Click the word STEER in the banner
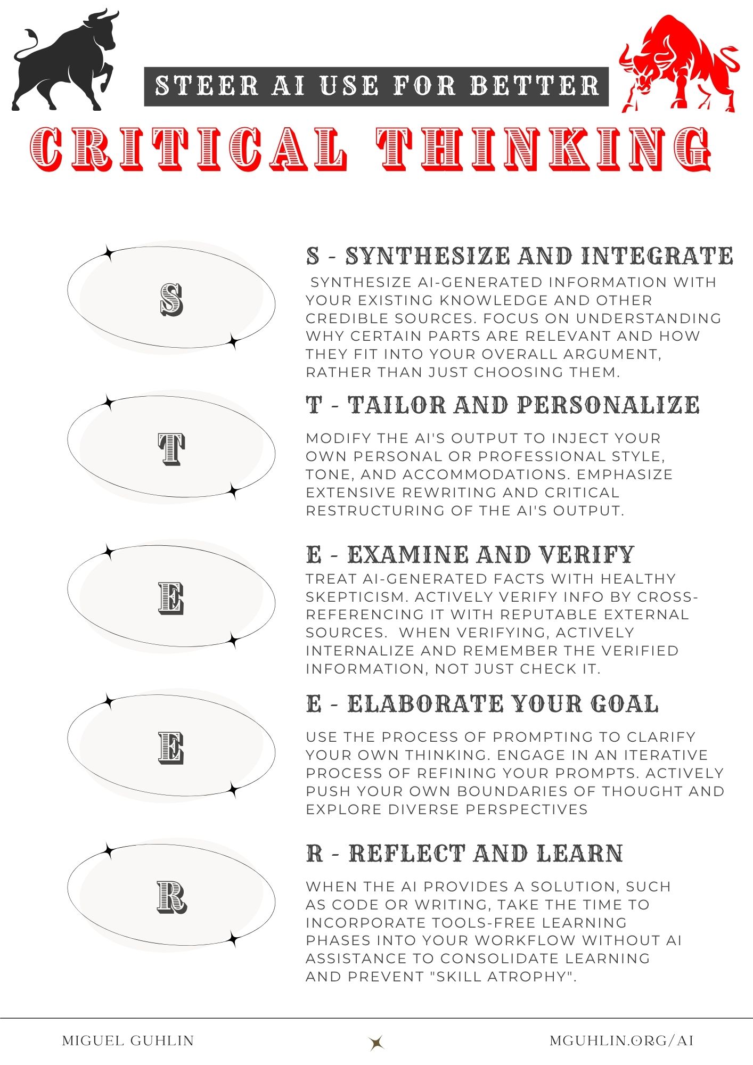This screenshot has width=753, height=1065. pos(207,86)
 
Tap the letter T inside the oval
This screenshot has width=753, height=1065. pos(171,449)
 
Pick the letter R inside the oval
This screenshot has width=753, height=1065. pos(171,897)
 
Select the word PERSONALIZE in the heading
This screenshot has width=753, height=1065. pos(608,406)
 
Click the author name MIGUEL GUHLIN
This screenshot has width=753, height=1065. pos(128,1041)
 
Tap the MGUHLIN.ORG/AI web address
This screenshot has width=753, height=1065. pos(621,1041)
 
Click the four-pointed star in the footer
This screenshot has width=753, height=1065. pos(377,1043)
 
